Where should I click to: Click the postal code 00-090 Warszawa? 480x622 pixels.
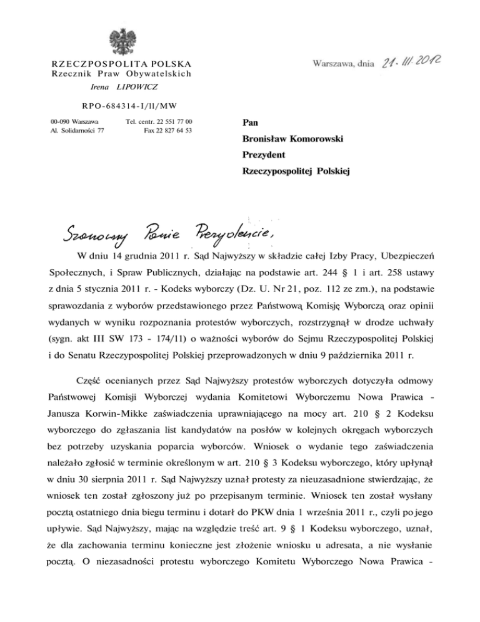69,121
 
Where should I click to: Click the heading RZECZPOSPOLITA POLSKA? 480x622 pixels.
120,64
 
